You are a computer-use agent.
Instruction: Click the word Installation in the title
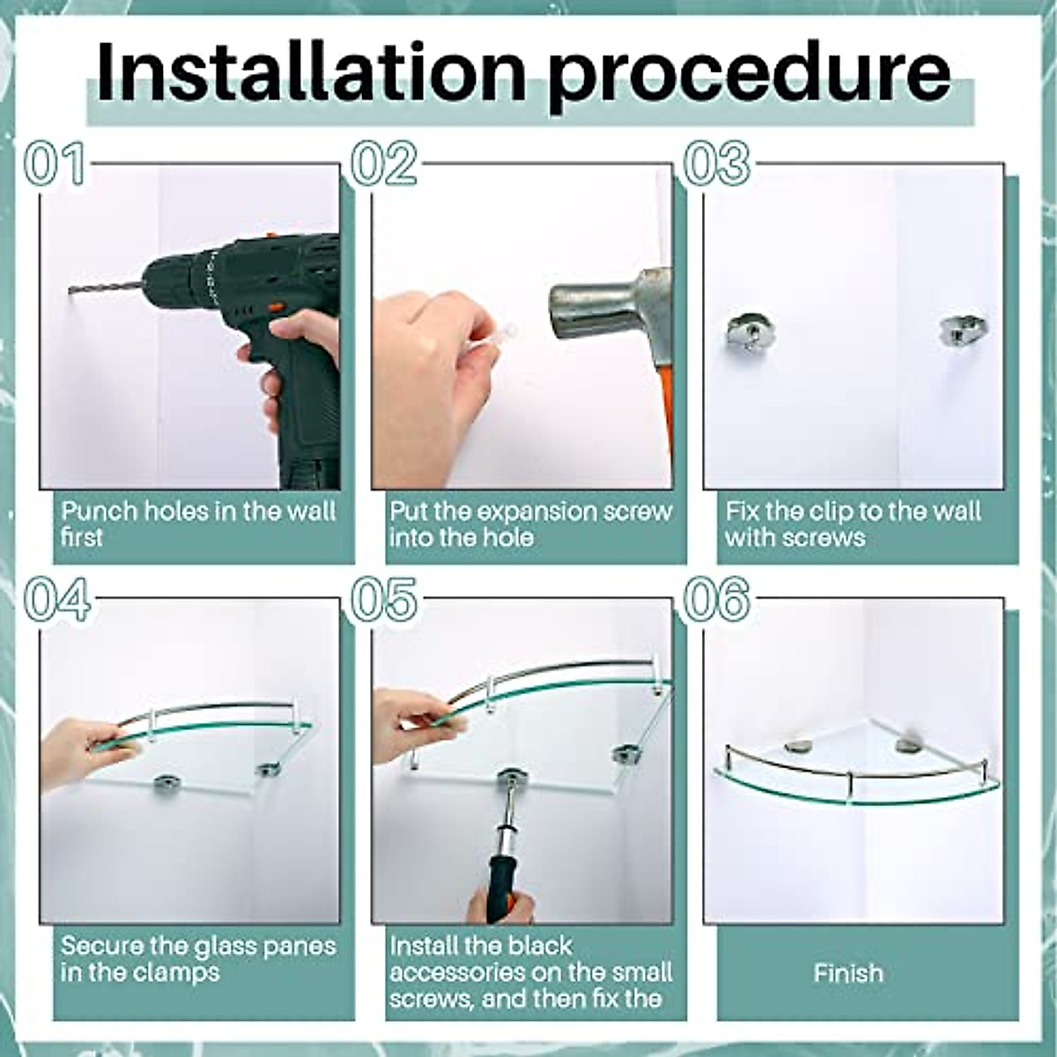coord(311,72)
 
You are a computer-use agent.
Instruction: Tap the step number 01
coord(55,164)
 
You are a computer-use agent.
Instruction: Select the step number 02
coord(383,164)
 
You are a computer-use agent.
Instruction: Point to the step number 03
coord(716,164)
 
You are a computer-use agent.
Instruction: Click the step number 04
coord(57,599)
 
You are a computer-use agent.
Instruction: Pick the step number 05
coord(383,599)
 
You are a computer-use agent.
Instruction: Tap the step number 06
coord(716,599)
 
